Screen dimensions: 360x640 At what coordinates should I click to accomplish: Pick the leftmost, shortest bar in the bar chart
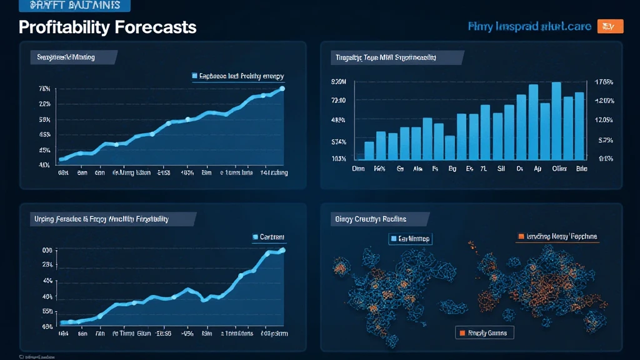(x=360, y=158)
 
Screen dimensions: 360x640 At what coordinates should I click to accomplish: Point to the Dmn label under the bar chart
(x=358, y=169)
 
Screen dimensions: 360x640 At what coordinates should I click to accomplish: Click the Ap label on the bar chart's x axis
(x=537, y=169)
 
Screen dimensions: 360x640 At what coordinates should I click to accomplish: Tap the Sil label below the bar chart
(x=501, y=169)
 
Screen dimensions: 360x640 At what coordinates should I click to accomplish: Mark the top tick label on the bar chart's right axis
(x=605, y=82)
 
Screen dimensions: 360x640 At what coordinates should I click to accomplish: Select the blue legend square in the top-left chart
(x=194, y=76)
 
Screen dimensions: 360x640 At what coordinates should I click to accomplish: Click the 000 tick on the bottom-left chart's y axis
(x=46, y=250)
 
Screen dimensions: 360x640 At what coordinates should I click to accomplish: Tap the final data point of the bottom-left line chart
(x=282, y=250)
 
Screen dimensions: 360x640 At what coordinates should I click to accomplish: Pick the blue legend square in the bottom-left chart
(x=255, y=237)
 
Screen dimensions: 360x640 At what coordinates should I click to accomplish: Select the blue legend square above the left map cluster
(x=393, y=239)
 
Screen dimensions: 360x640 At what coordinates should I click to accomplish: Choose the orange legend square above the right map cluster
(x=520, y=237)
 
